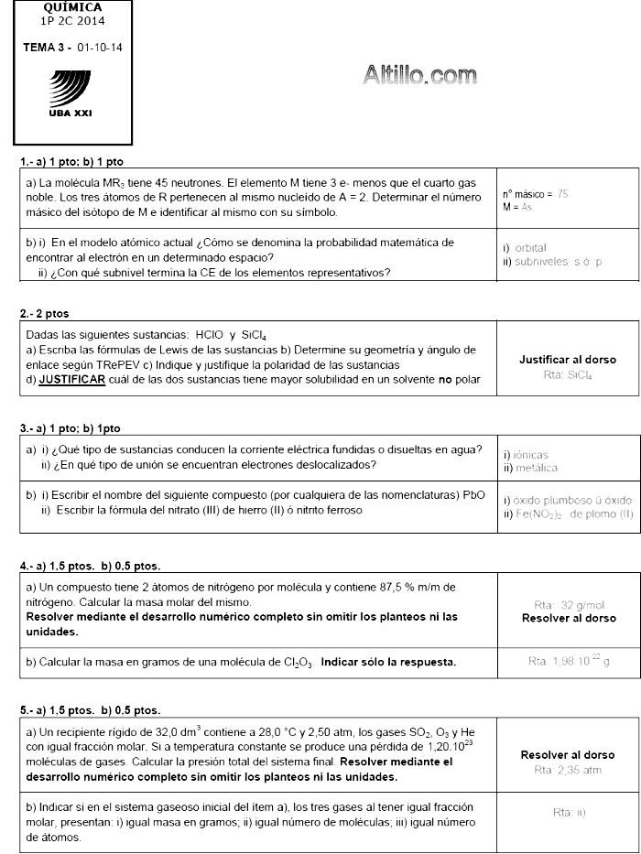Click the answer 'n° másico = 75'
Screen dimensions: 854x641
click(x=536, y=194)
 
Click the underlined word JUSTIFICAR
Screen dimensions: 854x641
click(x=71, y=379)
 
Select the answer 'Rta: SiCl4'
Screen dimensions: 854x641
click(x=568, y=374)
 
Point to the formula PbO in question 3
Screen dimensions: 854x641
click(x=474, y=495)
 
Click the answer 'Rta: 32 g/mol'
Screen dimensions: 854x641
click(x=569, y=605)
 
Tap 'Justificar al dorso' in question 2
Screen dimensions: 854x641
click(x=568, y=360)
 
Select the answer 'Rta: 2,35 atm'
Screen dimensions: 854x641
click(x=568, y=770)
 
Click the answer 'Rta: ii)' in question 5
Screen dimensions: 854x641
click(x=569, y=812)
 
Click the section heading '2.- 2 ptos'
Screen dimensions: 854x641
click(x=44, y=314)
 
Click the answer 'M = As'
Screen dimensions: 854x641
click(x=517, y=208)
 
